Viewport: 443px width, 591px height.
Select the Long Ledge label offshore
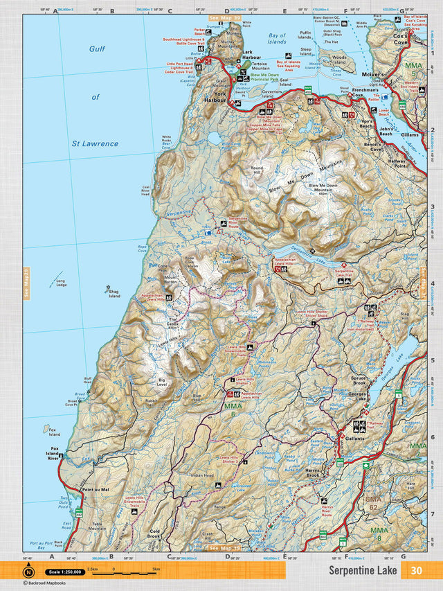(61, 283)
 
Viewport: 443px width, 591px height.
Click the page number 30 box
(415, 570)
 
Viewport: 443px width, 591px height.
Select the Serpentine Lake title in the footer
(363, 570)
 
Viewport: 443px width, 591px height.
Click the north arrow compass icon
(28, 572)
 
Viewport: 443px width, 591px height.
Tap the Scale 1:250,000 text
(64, 572)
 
